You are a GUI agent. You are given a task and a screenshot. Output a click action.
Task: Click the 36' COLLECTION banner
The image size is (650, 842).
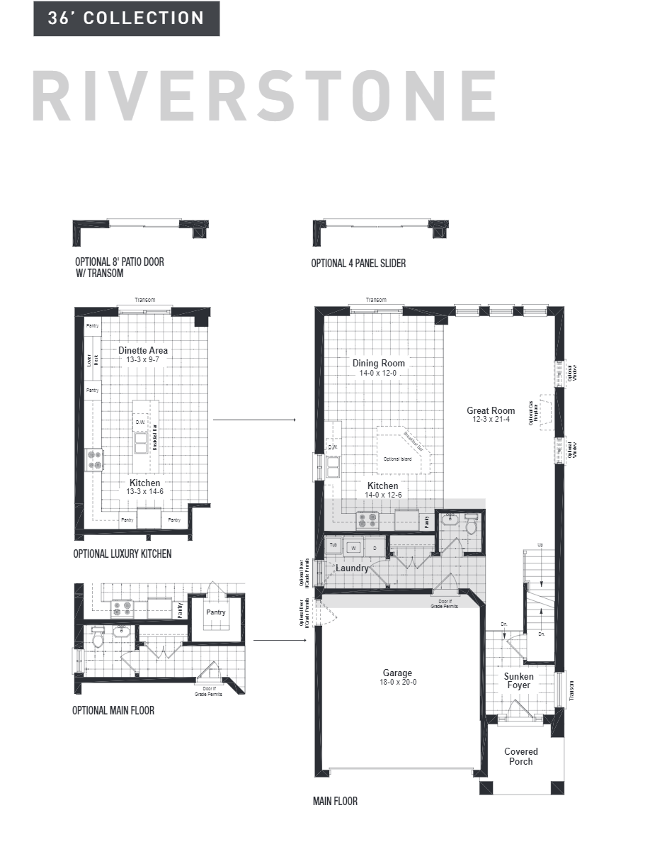pos(126,18)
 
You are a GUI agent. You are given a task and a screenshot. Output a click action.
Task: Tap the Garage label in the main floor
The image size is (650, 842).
pos(397,673)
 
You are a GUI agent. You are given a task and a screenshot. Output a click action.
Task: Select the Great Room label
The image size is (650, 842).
pos(491,410)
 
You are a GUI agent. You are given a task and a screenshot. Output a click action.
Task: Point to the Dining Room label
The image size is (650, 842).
pos(379,363)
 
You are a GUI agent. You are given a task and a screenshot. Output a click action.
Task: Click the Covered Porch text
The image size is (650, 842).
pos(520,756)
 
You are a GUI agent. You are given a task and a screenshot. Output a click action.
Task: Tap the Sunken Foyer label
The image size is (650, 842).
pos(519,681)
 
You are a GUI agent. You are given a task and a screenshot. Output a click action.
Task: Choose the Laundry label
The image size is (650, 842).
pos(352,568)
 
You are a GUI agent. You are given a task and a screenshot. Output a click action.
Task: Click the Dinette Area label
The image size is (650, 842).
pos(143,350)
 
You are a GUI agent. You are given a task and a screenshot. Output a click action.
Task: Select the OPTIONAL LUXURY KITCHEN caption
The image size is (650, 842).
pos(122,554)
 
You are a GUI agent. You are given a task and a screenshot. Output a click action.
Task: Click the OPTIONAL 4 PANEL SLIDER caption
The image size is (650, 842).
pos(358,263)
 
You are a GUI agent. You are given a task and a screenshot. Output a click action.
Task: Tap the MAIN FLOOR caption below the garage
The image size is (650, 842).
pos(335,802)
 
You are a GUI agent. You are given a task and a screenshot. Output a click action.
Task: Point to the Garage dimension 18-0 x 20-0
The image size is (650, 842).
pos(397,683)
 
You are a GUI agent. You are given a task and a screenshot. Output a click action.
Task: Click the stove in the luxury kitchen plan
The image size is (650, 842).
pos(94,459)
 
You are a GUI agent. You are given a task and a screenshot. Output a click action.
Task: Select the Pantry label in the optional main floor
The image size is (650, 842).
pos(215,611)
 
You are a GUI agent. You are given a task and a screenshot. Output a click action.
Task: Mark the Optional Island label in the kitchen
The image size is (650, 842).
pos(397,459)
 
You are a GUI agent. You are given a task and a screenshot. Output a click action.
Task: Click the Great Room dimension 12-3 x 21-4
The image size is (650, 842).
pos(491,420)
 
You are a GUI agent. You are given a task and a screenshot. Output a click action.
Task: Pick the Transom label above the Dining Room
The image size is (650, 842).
pos(376,300)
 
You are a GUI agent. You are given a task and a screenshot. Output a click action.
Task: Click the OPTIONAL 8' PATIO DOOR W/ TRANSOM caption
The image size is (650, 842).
pos(119,267)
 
